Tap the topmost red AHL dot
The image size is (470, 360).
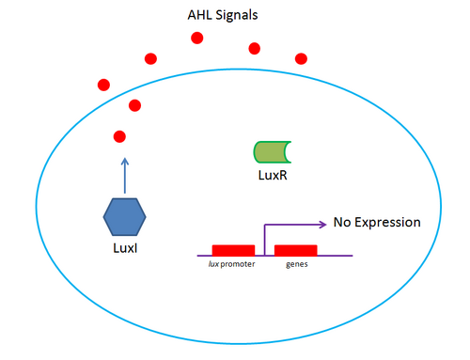click(x=196, y=39)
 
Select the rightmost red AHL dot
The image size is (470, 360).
click(x=301, y=58)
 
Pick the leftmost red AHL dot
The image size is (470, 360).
click(x=103, y=86)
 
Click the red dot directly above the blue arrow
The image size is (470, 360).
click(x=119, y=137)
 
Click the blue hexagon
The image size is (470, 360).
click(x=124, y=217)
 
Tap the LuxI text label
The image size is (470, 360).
click(x=125, y=248)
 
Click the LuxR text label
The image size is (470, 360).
click(x=271, y=175)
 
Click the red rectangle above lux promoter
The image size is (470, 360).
click(x=233, y=250)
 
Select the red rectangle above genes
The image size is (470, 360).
click(x=295, y=250)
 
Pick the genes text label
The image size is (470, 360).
click(x=297, y=266)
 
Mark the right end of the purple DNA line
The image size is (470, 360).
click(x=352, y=255)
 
